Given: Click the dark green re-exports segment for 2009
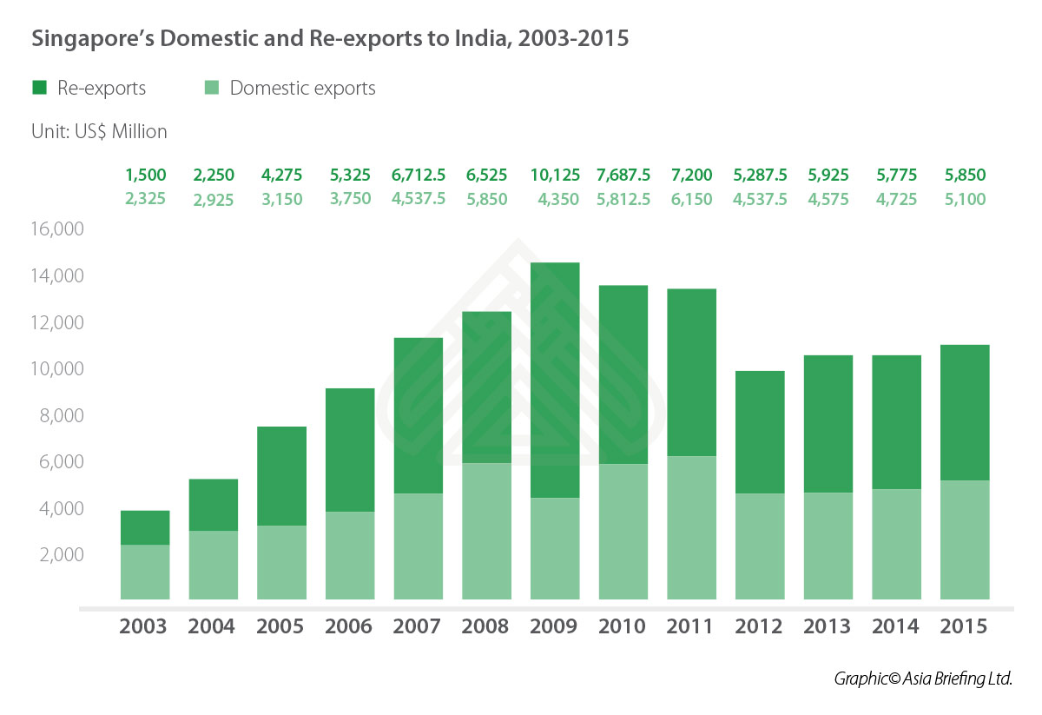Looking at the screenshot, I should coord(555,380).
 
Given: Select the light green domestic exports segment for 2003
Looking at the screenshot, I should coord(145,572).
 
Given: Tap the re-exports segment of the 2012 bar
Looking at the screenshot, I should coord(760,432).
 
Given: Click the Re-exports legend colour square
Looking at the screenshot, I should coord(40,88).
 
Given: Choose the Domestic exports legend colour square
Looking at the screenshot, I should coord(212,88).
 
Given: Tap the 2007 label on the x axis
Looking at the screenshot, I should coord(418,626).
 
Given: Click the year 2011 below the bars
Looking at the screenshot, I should coord(691,626).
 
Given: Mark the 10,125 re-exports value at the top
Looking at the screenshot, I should coord(554,175).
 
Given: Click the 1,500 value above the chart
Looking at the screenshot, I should coord(145,175).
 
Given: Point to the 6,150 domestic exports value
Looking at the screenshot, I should coord(691,199).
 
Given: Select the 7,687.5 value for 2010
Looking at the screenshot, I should coord(623,175).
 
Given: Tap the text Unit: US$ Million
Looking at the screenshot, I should coord(99,132).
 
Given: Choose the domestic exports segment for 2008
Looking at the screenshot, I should coord(486,531).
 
